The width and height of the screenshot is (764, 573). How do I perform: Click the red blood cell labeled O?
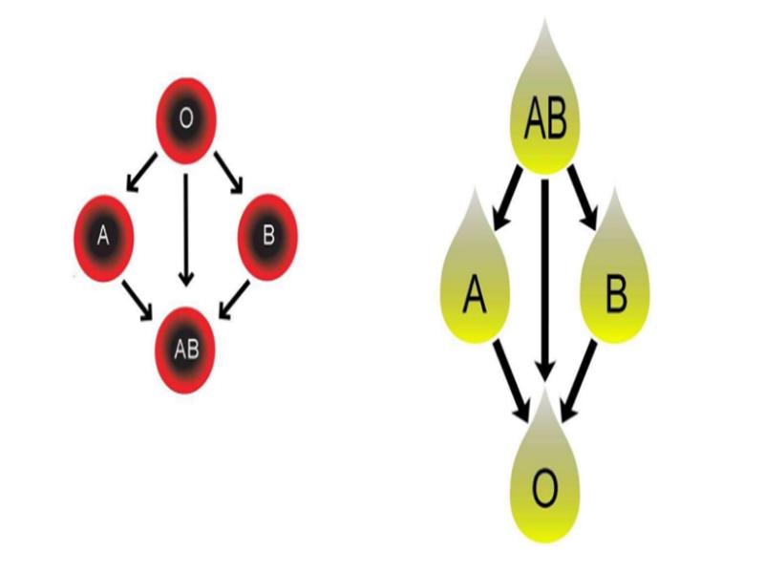tap(186, 120)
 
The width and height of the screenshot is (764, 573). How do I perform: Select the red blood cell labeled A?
tap(103, 234)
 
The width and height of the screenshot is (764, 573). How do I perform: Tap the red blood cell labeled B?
tap(268, 234)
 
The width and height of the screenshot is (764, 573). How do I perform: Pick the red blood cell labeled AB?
tap(186, 349)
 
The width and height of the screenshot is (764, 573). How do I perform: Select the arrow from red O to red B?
tap(229, 169)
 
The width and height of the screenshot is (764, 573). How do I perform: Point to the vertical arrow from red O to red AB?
tap(186, 229)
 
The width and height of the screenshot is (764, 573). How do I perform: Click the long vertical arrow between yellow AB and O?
tap(544, 277)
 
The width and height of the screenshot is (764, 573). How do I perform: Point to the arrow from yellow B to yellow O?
tap(579, 382)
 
